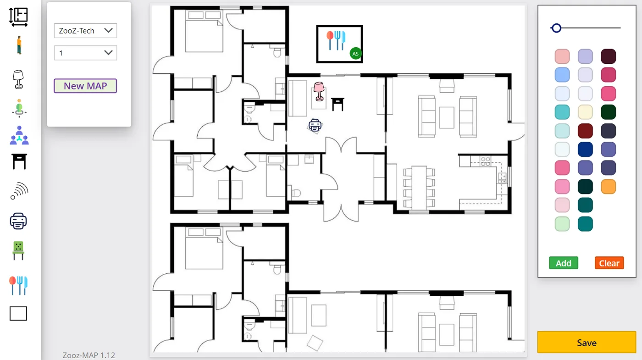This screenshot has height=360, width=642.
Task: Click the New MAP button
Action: [x=85, y=86]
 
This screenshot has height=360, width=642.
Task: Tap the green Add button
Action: [x=564, y=263]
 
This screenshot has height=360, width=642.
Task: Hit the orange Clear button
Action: [x=609, y=263]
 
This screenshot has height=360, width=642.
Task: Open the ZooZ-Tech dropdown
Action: [x=85, y=31]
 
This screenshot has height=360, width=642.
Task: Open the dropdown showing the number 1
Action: [x=85, y=53]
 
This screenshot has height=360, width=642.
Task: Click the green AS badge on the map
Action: [x=355, y=54]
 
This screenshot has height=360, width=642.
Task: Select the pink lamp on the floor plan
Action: [x=319, y=91]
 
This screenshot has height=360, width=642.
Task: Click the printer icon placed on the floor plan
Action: [x=315, y=126]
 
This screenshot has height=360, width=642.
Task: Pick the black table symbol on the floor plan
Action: [x=338, y=104]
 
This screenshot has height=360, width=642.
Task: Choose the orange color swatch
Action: [x=608, y=187]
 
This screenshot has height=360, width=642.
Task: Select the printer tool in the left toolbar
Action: [x=18, y=221]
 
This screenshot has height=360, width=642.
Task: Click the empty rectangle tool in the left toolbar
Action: [x=18, y=313]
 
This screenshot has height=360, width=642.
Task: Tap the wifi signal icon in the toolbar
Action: [x=19, y=191]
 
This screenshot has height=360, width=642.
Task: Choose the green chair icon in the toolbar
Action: [x=18, y=250]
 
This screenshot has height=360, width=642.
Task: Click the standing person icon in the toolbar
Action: [x=19, y=45]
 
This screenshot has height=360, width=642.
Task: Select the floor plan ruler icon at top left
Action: [x=18, y=17]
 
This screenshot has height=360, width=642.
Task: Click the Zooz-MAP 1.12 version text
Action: [x=89, y=355]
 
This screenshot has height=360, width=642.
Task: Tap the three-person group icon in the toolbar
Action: [x=19, y=135]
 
